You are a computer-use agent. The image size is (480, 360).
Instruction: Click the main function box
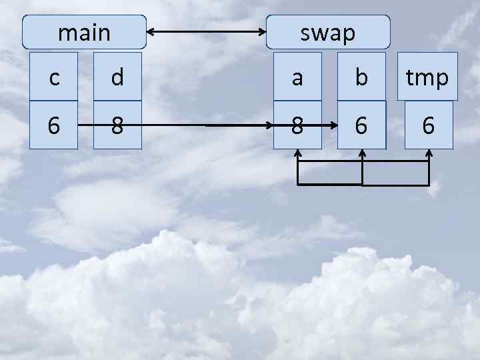tap(84, 32)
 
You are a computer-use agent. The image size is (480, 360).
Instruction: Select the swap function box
tap(328, 32)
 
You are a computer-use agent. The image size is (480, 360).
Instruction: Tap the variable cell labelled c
tap(54, 77)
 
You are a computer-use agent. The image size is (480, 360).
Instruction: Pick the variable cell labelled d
tap(117, 77)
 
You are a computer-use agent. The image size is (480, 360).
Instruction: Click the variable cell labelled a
tap(297, 77)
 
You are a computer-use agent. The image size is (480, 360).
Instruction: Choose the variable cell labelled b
tap(361, 77)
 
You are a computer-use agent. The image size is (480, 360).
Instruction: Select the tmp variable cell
tap(427, 77)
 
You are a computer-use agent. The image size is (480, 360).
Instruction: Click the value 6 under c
tap(54, 125)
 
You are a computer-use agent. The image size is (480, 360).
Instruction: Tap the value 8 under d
tap(117, 125)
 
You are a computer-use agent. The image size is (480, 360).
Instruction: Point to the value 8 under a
tap(297, 125)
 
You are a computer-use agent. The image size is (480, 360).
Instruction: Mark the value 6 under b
tap(361, 125)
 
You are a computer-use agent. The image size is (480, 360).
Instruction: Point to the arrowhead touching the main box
tap(151, 31)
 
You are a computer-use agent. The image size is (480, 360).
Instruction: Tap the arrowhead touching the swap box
tap(261, 31)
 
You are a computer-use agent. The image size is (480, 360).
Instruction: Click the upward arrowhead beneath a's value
tap(298, 154)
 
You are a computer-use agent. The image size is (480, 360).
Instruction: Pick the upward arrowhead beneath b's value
tap(362, 154)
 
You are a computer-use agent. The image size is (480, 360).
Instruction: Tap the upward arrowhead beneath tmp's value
tap(429, 154)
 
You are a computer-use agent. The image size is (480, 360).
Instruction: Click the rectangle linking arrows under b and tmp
tap(395, 184)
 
